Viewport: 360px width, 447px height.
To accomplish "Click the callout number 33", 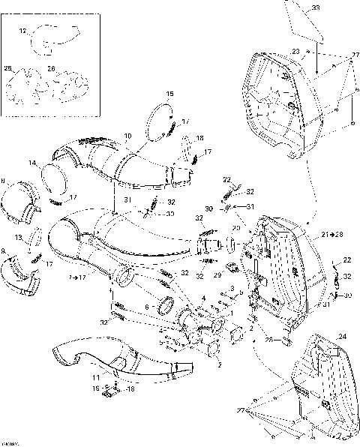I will (336, 7).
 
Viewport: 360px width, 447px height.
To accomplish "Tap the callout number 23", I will (295, 51).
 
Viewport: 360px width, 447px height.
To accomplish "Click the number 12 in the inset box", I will (22, 31).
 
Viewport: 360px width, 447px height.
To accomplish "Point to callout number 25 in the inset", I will (8, 69).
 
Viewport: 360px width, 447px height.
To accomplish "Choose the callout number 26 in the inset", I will (51, 69).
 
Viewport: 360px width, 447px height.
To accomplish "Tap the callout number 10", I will (127, 136).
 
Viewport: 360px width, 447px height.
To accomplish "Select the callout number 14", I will (33, 163).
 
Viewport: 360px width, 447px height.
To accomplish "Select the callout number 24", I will (343, 337).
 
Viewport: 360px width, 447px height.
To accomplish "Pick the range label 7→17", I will (76, 277).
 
